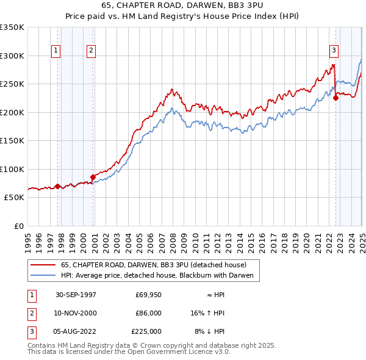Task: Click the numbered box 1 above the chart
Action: coord(56,51)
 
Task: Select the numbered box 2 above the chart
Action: coord(91,51)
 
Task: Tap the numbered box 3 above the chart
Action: coord(334,51)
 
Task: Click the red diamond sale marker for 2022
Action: coord(335,98)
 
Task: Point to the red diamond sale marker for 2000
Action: coord(93,177)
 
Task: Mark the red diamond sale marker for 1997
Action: coord(58,186)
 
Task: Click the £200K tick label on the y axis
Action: coord(13,112)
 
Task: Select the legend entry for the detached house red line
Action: coord(153,265)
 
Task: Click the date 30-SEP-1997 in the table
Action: coord(76,295)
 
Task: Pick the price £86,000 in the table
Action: coord(148,313)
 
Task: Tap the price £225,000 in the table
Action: coord(146,331)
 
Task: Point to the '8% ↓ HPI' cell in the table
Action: coord(210,331)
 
